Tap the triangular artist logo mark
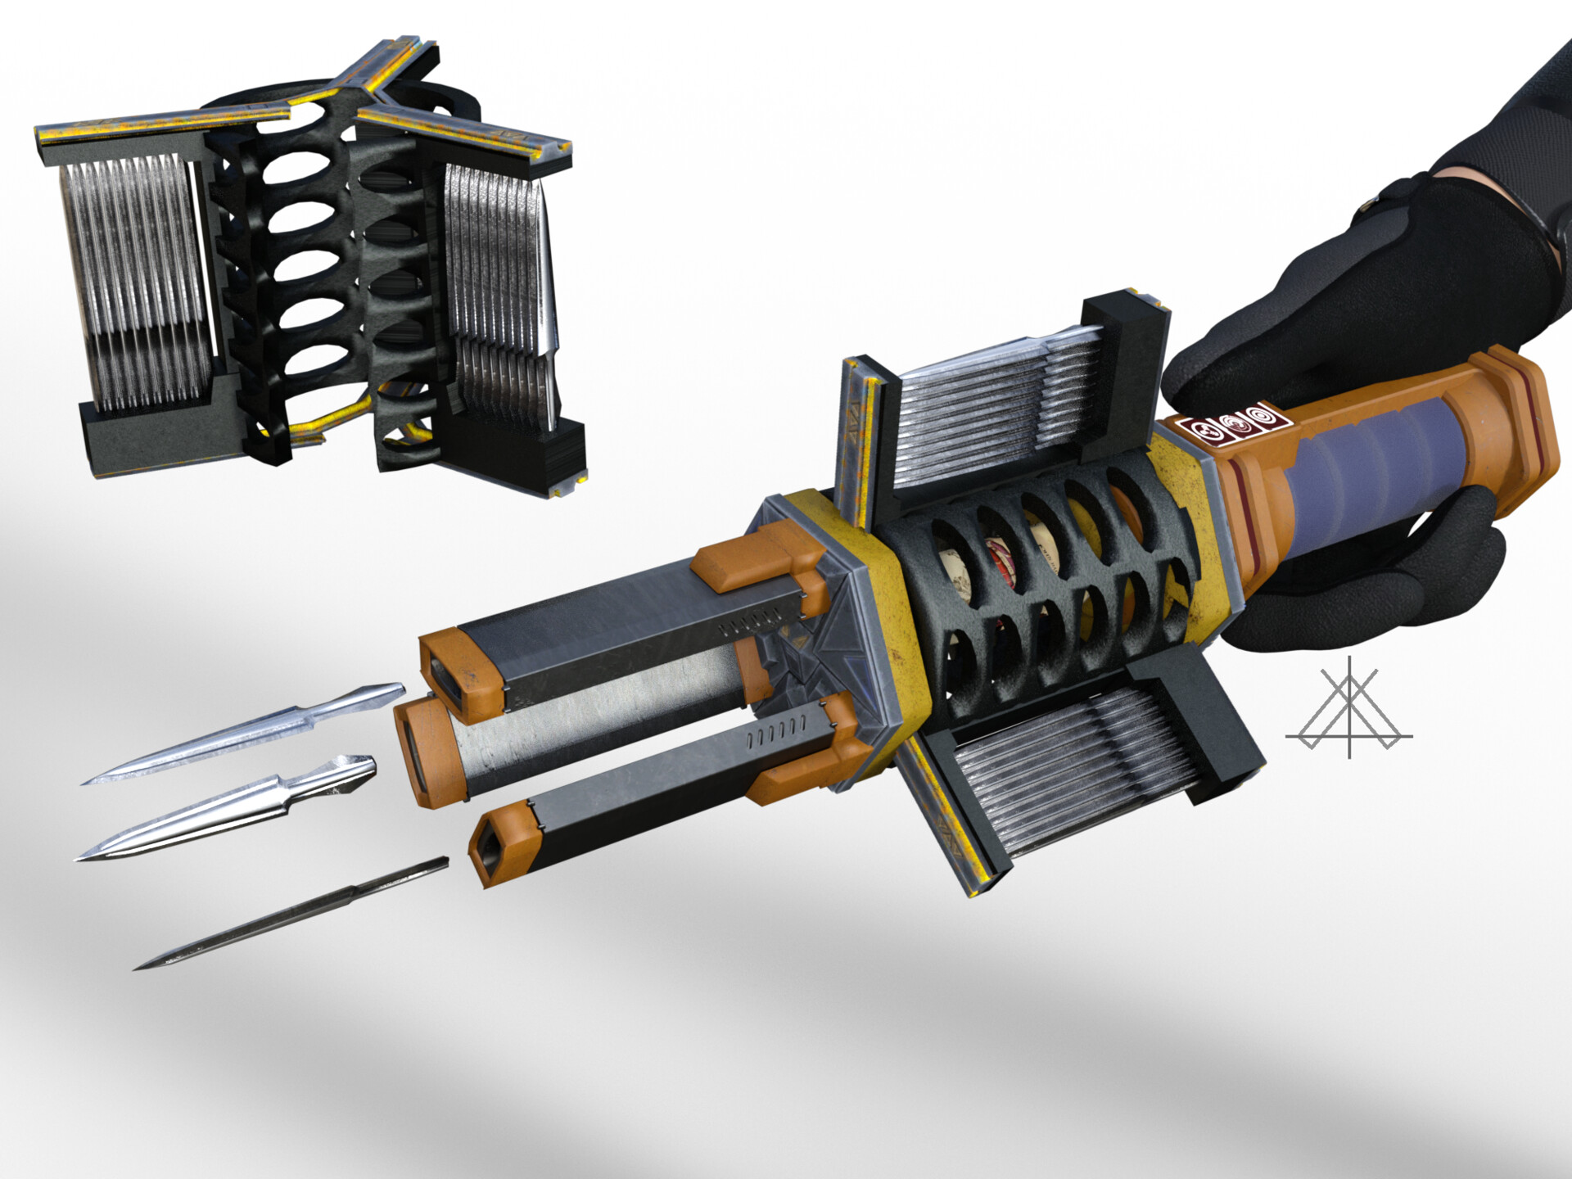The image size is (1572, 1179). pos(1348,709)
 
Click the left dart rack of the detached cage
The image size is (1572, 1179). pos(131,282)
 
